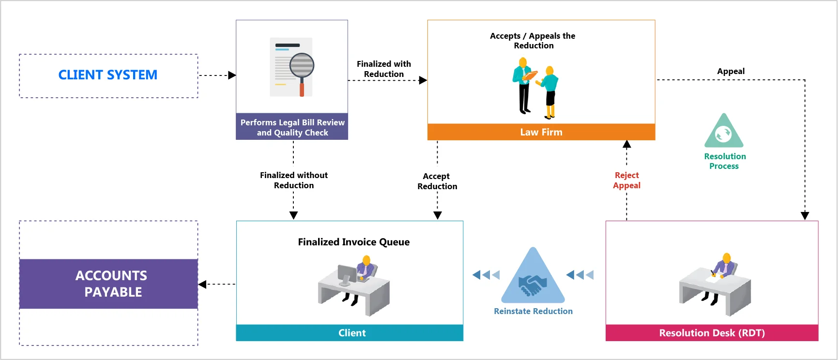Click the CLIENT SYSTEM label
coord(108,75)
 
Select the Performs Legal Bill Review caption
coord(292,127)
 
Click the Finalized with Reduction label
coord(384,69)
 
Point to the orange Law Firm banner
coord(541,132)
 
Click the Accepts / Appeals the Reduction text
coord(533,41)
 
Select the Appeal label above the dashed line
coord(731,71)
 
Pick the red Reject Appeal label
coord(626,180)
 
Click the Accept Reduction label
coord(437,181)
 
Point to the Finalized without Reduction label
coord(293,180)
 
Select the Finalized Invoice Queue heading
coord(353,242)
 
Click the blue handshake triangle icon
coord(533,278)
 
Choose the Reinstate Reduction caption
coord(533,311)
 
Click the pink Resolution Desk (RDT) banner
coord(712,333)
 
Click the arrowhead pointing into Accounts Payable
coord(202,285)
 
